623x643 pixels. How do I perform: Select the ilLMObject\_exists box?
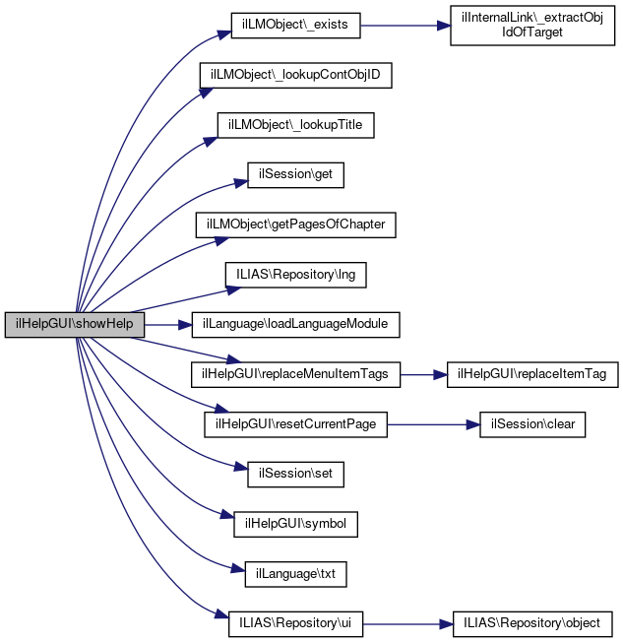click(295, 26)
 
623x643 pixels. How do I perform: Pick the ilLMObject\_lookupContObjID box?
click(296, 76)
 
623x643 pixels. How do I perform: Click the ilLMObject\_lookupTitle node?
click(296, 125)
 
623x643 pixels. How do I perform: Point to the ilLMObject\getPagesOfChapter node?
click(296, 225)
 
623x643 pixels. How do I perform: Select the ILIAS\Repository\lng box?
click(296, 275)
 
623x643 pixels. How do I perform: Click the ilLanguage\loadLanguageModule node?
click(296, 324)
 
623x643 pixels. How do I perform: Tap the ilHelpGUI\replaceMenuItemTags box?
click(296, 374)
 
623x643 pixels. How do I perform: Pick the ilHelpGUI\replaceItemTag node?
click(532, 374)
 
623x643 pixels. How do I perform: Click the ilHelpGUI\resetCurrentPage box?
click(296, 424)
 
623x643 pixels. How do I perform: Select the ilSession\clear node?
click(532, 424)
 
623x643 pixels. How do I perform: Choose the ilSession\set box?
click(296, 474)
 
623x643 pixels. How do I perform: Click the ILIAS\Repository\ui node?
click(296, 623)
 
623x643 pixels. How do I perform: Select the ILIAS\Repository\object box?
click(532, 623)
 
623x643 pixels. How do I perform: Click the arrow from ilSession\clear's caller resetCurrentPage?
click(434, 424)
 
